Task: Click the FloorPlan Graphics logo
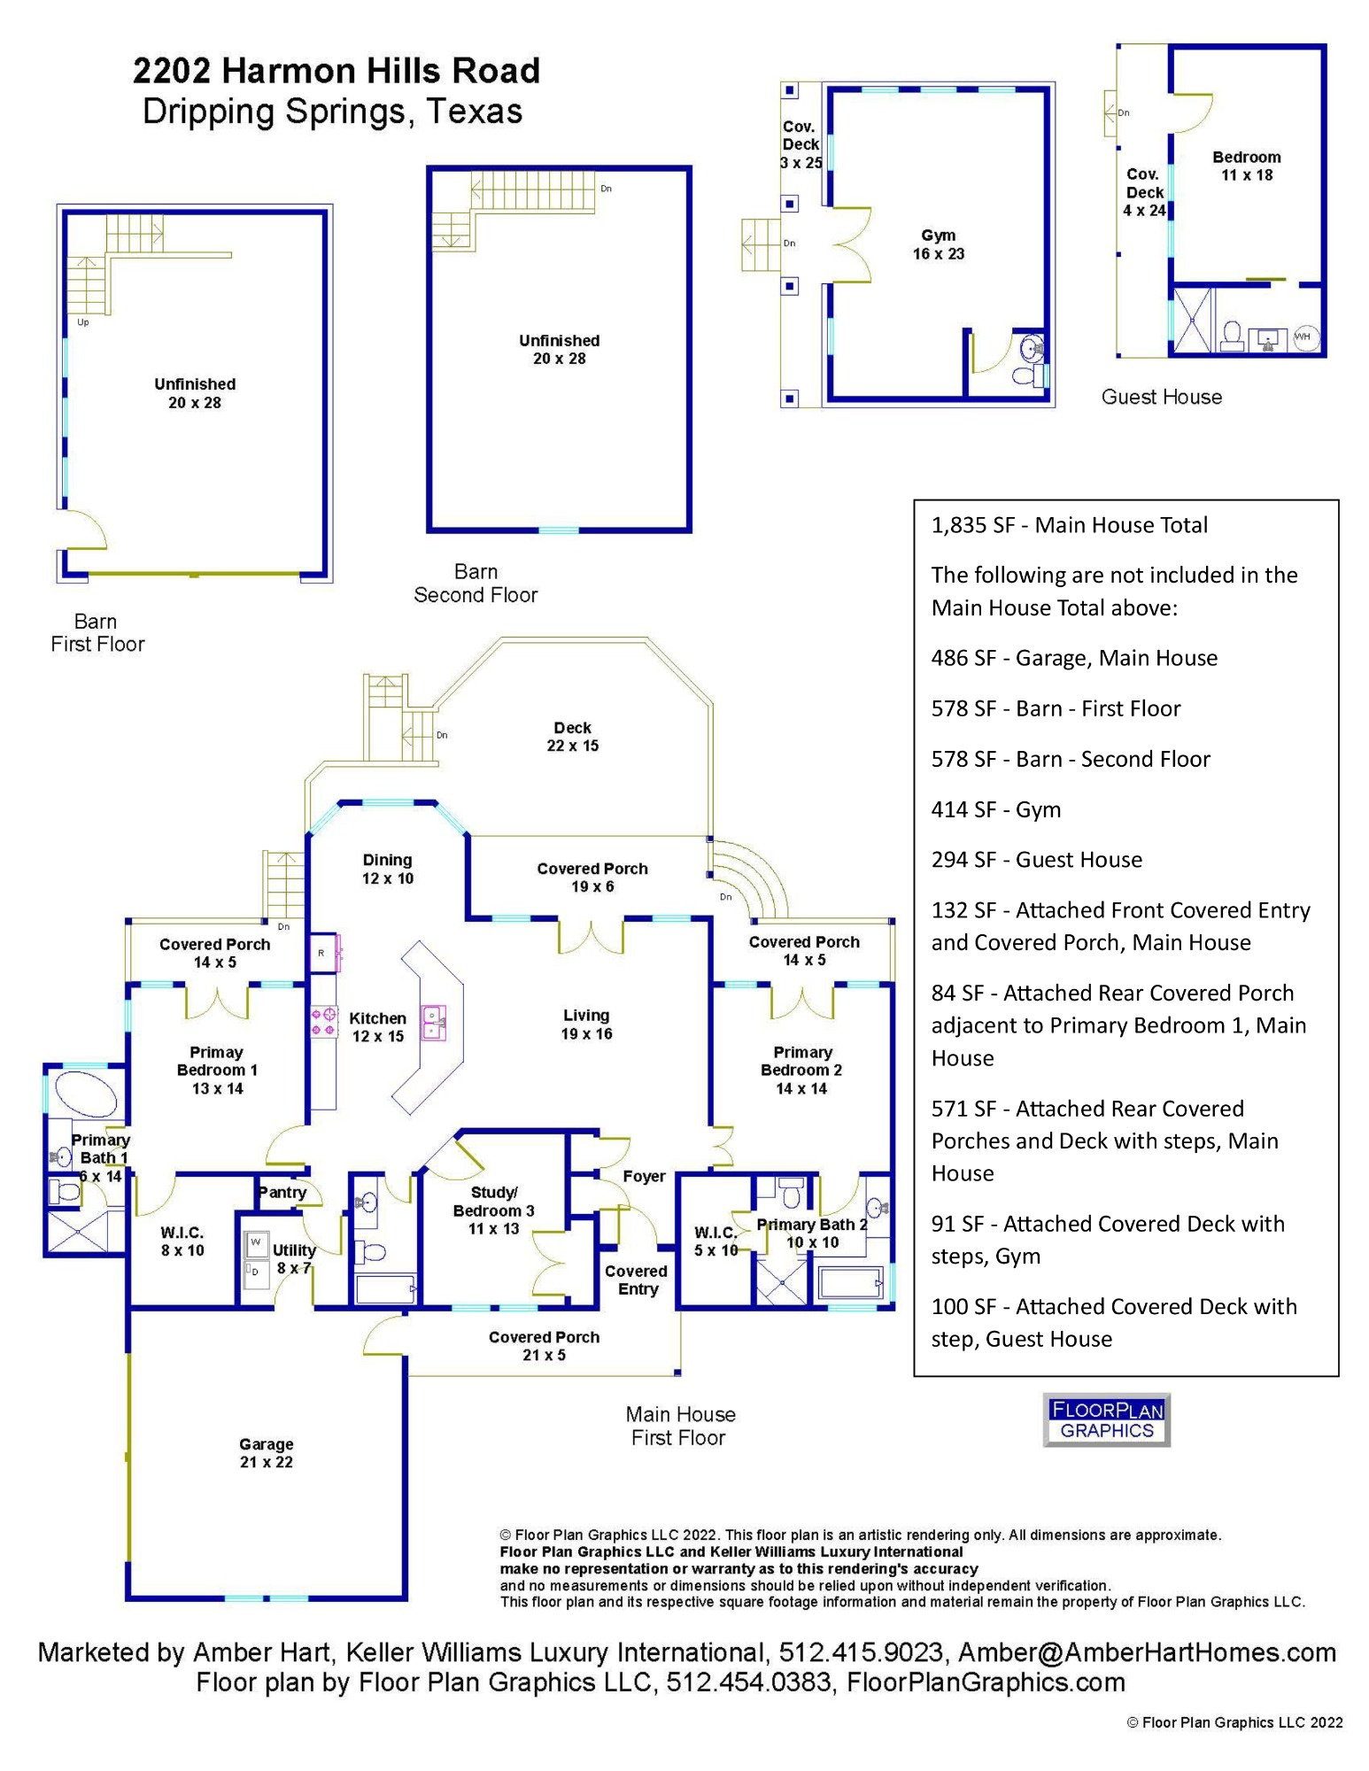pos(1106,1419)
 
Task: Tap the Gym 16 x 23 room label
pos(938,244)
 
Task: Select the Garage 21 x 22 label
pos(266,1453)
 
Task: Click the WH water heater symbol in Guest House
pos(1302,336)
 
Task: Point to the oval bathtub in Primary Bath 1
pos(86,1094)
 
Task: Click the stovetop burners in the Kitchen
pos(322,1022)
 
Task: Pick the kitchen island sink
pos(433,1023)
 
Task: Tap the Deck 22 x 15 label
pos(572,737)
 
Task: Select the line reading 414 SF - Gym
pos(995,809)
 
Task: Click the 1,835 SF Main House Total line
pos(1069,525)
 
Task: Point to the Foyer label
pos(644,1176)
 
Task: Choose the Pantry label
pos(282,1192)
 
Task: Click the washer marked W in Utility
pos(256,1242)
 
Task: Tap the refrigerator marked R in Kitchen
pos(321,953)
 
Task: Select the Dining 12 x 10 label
pos(387,869)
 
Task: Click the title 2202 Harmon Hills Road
pos(336,71)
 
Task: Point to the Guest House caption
pos(1161,397)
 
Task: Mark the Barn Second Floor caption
pos(476,584)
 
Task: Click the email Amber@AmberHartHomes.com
pos(1147,1652)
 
